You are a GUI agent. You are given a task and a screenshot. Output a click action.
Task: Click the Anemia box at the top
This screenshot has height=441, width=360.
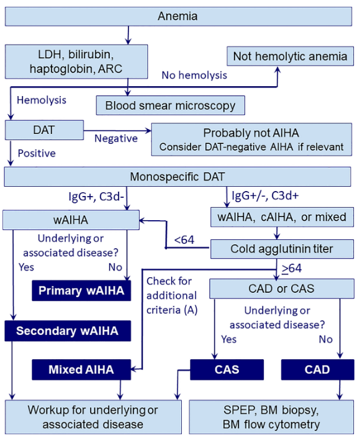point(179,16)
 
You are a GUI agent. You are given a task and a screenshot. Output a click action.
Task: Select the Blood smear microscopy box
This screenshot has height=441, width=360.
point(170,105)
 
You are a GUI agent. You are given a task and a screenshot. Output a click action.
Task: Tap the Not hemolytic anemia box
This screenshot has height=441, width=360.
point(290,56)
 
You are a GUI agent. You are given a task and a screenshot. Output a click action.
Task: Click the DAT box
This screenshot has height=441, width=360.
point(44,130)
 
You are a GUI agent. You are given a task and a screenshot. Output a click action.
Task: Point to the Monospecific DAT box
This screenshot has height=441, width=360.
point(178,177)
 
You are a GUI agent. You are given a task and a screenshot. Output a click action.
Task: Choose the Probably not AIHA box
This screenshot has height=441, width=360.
point(251,140)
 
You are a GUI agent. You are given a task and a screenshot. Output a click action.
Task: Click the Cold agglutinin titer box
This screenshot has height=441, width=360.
point(282,249)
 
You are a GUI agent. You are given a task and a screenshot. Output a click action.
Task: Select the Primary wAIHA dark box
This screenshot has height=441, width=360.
point(81,290)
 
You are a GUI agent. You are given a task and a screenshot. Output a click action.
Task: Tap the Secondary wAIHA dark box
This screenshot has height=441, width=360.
point(68,331)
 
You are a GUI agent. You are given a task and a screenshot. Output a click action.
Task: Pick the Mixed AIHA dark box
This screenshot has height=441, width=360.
point(81,370)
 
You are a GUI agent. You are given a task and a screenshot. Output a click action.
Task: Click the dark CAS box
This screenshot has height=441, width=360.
point(227,370)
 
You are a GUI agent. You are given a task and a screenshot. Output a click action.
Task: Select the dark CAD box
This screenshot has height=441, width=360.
point(318,370)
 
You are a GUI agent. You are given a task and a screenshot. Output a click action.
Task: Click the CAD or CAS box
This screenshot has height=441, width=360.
point(282,288)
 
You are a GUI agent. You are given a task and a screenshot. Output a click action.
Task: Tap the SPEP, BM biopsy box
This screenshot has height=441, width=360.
point(271,417)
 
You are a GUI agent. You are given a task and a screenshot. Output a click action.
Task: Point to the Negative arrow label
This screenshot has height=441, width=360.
point(116,138)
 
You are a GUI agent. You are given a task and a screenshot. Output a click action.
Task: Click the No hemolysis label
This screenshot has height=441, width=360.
point(194,76)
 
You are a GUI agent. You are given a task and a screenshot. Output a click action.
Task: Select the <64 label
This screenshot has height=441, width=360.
point(184,240)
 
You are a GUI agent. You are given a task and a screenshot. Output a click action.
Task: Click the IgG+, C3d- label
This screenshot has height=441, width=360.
point(96,197)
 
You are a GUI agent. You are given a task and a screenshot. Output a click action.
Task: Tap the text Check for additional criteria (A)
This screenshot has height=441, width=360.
point(172,296)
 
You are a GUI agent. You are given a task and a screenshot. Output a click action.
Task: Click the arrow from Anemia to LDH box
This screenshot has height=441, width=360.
point(128,35)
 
